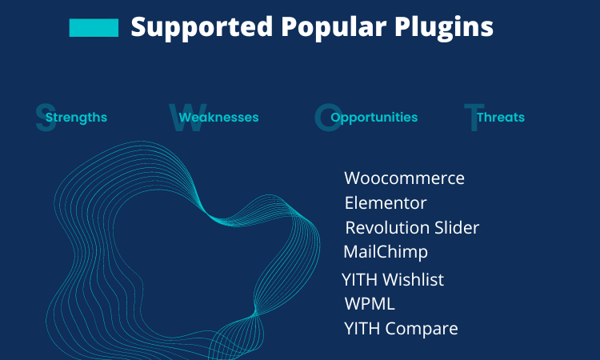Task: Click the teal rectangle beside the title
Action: (94, 28)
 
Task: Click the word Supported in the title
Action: (202, 27)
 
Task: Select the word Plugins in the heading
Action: (444, 27)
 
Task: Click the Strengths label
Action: (76, 118)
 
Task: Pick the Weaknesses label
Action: (218, 117)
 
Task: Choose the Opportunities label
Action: (374, 118)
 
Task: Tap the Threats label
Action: (501, 117)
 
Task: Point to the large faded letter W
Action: (188, 118)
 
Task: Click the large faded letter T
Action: (474, 118)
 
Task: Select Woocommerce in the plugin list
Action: (405, 178)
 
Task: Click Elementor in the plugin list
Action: (386, 203)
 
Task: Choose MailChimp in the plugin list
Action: (386, 253)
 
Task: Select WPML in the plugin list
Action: (370, 304)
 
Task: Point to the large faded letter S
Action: (46, 118)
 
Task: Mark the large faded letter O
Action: (328, 118)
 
